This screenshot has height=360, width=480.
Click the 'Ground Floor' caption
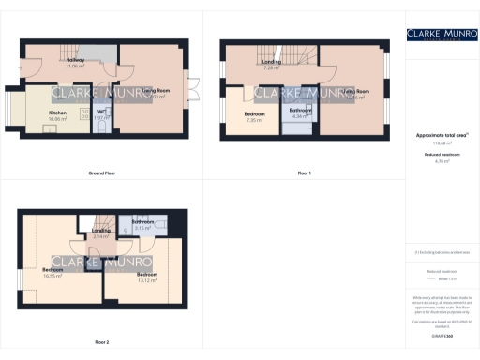[x=102, y=173]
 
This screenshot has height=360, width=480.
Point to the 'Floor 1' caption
[x=304, y=173]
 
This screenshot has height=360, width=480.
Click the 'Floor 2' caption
[x=101, y=342]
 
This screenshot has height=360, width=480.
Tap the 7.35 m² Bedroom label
[x=255, y=117]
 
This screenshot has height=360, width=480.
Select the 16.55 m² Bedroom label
[x=52, y=272]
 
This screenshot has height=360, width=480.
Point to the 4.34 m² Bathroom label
[x=301, y=113]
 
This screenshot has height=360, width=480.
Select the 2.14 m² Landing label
[x=101, y=233]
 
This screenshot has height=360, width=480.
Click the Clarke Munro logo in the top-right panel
[x=442, y=35]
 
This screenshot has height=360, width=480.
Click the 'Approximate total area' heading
[x=442, y=136]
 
